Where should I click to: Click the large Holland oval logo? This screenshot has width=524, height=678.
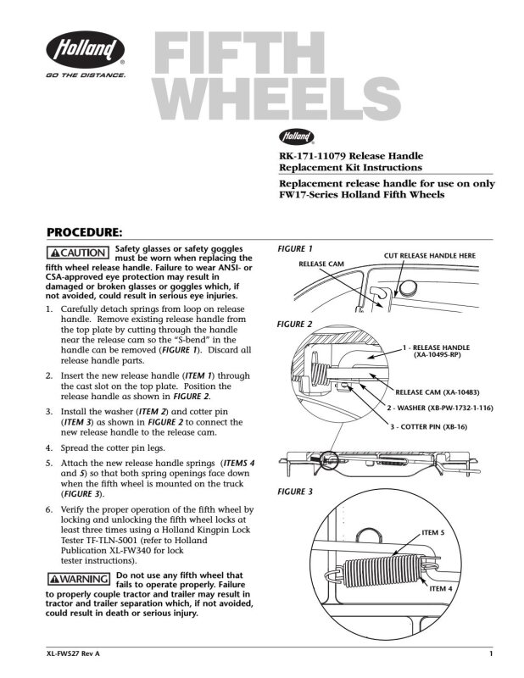[x=86, y=49]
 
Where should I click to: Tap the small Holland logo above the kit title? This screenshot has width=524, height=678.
[x=297, y=136]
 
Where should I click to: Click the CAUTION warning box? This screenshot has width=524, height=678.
[x=78, y=253]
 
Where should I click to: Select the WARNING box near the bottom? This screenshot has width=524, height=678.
[x=79, y=579]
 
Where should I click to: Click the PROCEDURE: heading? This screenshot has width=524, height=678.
[x=85, y=232]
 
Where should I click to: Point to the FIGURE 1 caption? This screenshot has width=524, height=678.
[x=295, y=248]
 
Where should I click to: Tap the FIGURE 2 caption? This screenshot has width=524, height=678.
[x=295, y=325]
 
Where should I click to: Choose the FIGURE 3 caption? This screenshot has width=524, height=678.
[x=295, y=492]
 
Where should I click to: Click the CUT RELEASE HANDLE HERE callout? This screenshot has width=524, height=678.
[x=430, y=256]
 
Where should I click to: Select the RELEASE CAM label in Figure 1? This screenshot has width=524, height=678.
[x=321, y=264]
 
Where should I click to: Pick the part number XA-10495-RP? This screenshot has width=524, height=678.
[x=437, y=355]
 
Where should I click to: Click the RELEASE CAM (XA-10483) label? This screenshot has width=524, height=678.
[x=438, y=392]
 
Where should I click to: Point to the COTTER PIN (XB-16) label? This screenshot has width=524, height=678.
[x=429, y=427]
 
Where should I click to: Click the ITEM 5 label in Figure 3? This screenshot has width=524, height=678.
[x=433, y=532]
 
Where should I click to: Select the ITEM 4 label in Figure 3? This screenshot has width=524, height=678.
[x=441, y=588]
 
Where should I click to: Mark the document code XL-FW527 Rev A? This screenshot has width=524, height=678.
[x=73, y=653]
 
